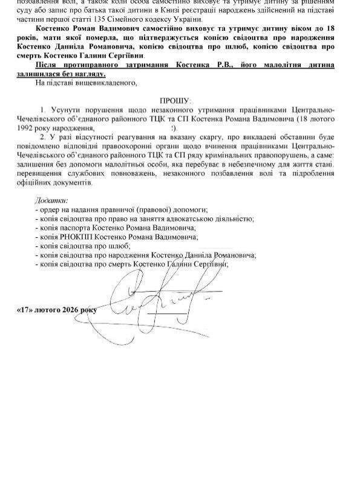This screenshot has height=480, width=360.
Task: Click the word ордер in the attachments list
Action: coord(50,209)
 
